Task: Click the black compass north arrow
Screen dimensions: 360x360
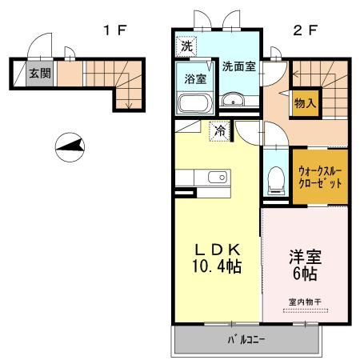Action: [70, 147]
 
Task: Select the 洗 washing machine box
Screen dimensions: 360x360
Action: [186, 46]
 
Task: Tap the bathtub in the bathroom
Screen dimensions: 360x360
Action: [192, 104]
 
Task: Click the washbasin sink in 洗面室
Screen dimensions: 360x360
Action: [234, 100]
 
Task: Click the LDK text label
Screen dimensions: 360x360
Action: [214, 247]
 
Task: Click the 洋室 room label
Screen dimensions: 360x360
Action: [305, 258]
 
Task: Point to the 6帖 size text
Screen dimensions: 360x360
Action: [305, 274]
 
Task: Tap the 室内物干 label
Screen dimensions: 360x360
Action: [304, 302]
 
